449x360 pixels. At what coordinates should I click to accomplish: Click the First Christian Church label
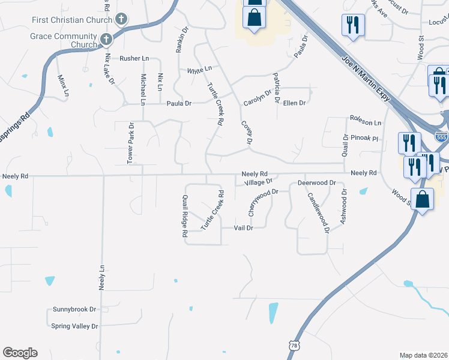72,20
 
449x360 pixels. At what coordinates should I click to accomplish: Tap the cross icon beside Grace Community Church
106,40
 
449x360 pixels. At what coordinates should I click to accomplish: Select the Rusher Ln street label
134,58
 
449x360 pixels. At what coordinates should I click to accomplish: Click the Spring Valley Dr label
74,326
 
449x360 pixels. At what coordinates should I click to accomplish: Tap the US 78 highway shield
294,346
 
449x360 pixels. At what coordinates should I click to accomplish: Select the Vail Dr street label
243,228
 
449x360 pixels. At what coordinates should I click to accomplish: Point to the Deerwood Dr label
315,182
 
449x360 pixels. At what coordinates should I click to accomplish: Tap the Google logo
20,353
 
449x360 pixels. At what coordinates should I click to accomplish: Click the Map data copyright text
423,355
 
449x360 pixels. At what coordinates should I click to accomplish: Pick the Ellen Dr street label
294,103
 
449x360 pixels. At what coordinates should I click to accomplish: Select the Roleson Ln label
366,123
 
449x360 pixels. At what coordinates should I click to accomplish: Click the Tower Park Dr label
130,143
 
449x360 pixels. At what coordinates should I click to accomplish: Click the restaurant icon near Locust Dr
352,25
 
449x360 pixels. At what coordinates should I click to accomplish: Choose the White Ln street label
199,70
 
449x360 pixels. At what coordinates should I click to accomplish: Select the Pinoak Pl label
366,138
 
